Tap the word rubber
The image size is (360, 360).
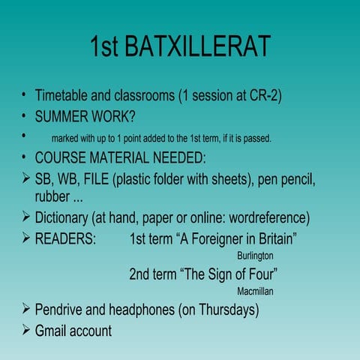[52, 197]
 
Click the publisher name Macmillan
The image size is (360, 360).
[254, 290]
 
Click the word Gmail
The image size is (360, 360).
[52, 330]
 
